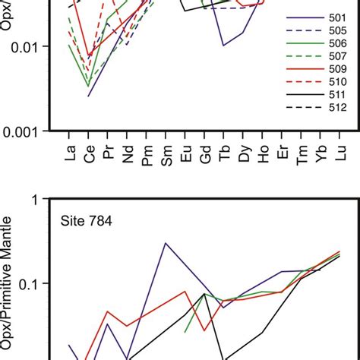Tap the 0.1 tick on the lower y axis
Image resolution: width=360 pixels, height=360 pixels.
[x=31, y=283]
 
